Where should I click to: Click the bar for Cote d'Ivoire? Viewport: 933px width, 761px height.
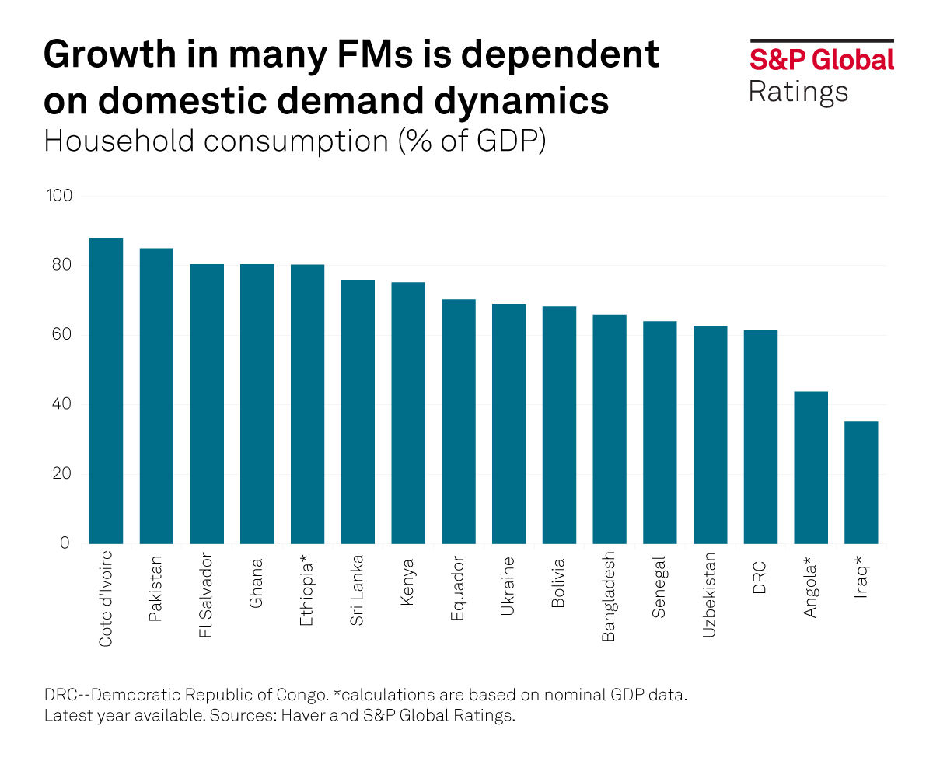106,390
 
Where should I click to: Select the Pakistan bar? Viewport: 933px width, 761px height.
156,396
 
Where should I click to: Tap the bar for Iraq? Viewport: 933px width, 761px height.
861,482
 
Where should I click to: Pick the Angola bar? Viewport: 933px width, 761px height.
811,467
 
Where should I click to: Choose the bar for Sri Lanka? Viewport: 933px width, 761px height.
358,411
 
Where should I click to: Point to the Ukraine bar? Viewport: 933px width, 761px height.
508,424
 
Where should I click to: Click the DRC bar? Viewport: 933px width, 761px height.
760,437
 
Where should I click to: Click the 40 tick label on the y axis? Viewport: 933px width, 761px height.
61,404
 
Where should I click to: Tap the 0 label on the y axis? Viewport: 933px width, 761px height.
66,543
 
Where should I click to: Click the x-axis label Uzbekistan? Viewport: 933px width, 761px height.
710,595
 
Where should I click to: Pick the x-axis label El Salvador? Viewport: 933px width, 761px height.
207,595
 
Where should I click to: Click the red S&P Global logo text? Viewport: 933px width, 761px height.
821,60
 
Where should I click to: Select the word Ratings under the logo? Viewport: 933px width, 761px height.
798,92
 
